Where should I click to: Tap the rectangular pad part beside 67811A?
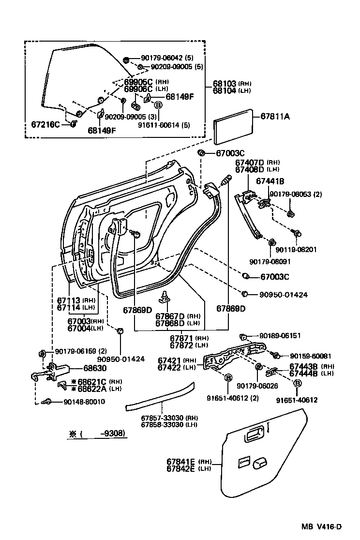click(x=234, y=125)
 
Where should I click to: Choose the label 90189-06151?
click(x=280, y=335)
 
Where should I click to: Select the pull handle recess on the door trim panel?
click(x=254, y=435)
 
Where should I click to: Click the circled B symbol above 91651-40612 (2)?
click(x=228, y=377)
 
